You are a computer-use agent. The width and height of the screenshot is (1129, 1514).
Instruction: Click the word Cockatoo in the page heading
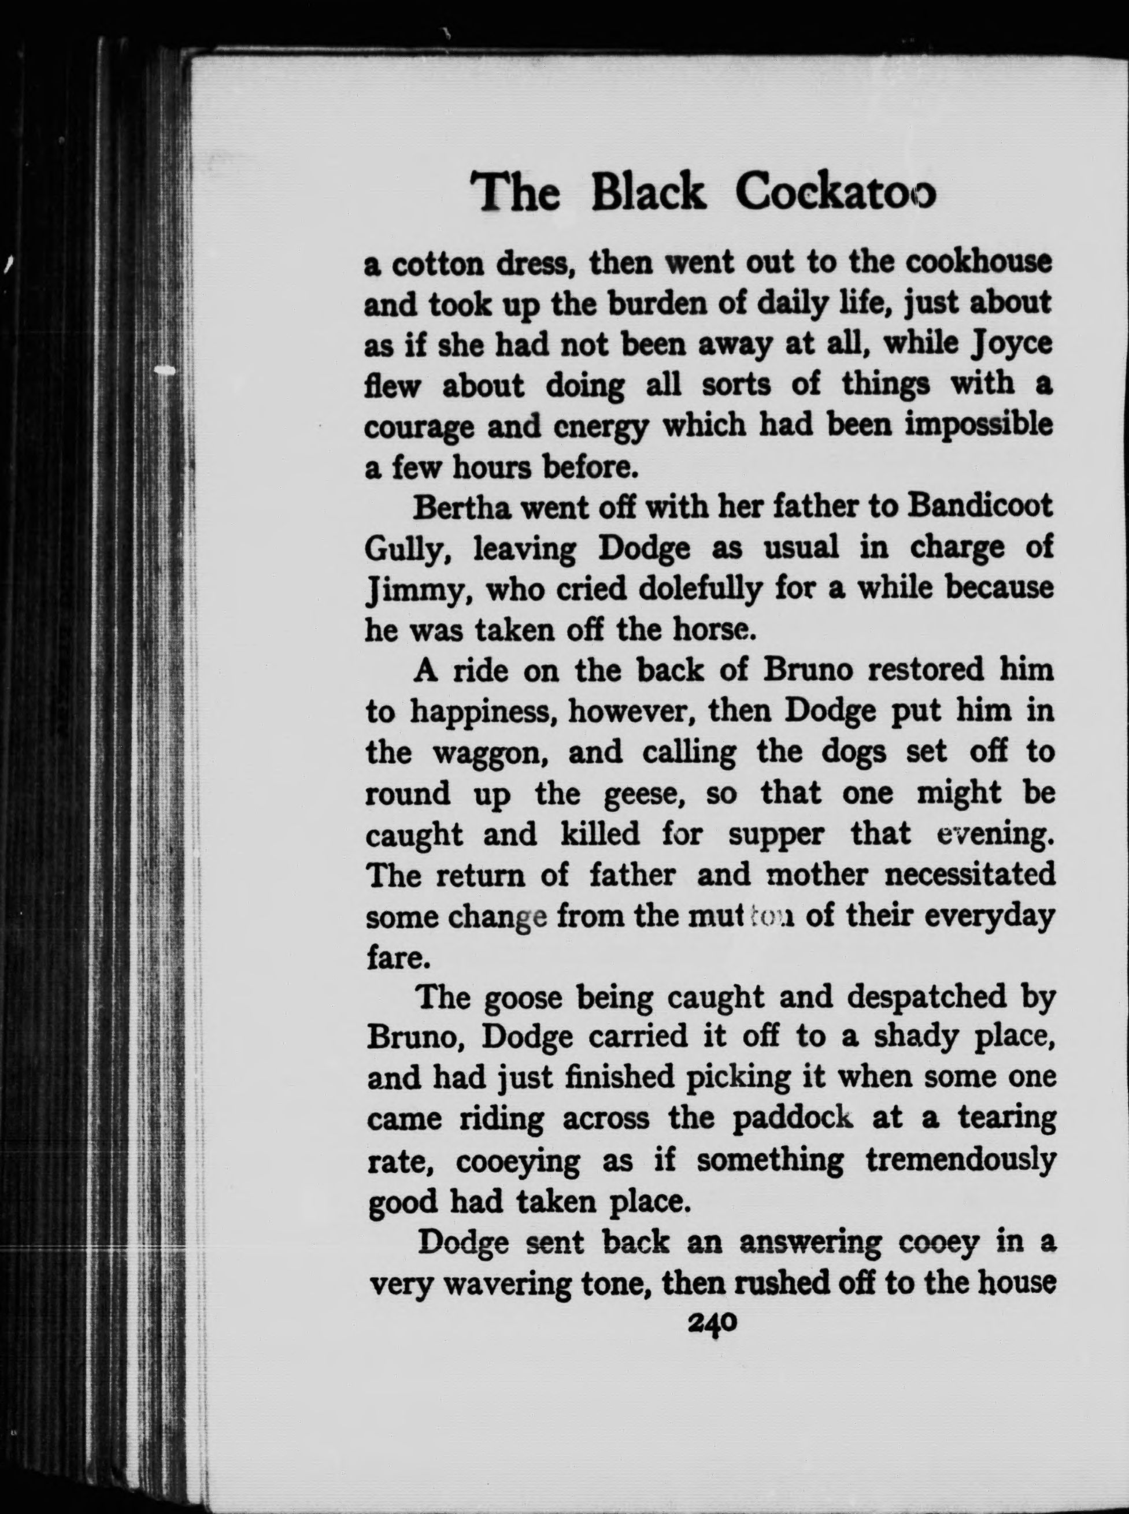click(x=834, y=194)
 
